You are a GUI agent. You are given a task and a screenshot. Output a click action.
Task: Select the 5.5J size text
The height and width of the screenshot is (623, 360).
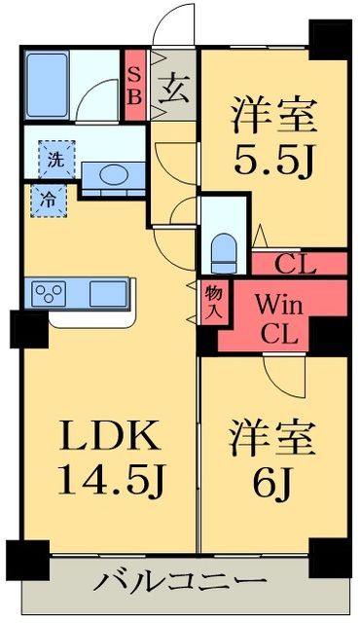pyautogui.click(x=273, y=160)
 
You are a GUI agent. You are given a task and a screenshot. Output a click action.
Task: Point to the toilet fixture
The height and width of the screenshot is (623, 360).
pyautogui.click(x=224, y=251)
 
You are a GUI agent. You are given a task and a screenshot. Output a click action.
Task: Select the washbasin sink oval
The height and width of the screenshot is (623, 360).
pyautogui.click(x=115, y=175)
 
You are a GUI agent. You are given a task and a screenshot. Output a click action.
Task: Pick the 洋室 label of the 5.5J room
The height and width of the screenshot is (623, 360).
pyautogui.click(x=273, y=115)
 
